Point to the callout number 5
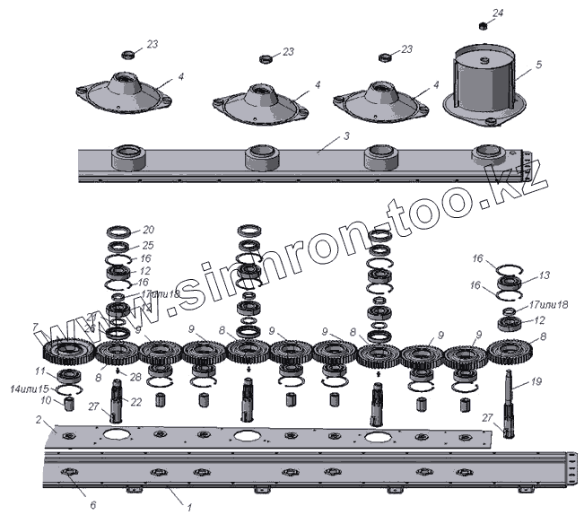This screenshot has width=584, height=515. click(538, 65)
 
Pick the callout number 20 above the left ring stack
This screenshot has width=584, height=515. click(149, 230)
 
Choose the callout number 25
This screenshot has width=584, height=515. click(148, 244)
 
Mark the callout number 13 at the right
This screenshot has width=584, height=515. click(543, 275)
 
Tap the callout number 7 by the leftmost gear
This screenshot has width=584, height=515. click(36, 327)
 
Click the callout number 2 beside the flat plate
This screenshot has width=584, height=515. click(39, 420)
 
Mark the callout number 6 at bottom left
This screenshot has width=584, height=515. click(92, 505)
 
